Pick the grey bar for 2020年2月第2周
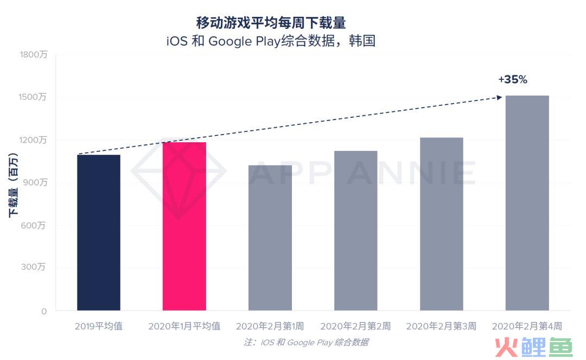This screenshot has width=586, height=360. click(355, 231)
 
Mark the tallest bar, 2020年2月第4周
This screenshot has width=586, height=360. click(527, 203)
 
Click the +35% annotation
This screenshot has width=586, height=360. click(512, 79)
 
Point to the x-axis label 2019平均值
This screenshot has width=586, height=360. click(98, 326)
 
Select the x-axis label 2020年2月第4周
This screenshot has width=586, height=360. click(526, 326)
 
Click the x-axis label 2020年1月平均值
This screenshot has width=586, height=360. click(184, 326)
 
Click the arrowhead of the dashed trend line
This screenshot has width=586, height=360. click(500, 97)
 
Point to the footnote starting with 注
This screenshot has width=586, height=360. click(306, 342)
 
